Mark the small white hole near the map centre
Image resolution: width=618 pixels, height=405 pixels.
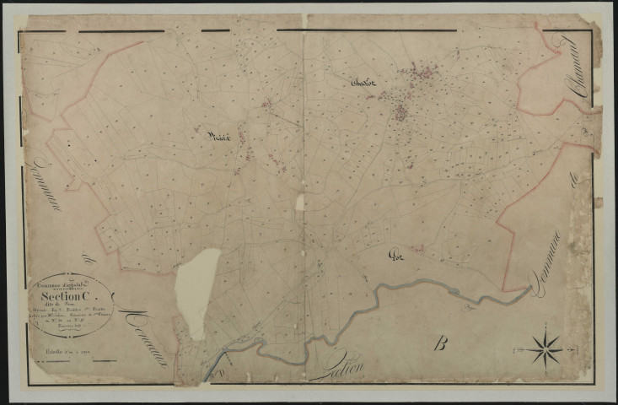coord(299,202)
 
